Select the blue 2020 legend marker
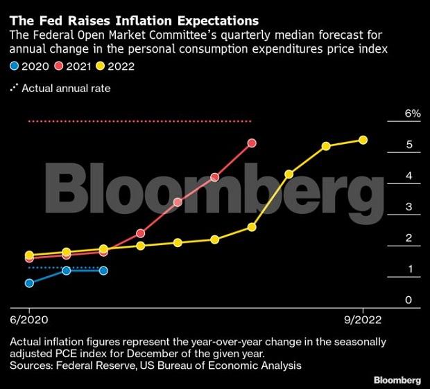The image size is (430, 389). (x=14, y=66)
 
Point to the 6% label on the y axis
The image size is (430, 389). (x=413, y=114)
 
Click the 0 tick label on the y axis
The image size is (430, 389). (x=409, y=300)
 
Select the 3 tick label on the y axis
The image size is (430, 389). (x=409, y=207)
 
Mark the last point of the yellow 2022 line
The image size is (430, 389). (x=363, y=140)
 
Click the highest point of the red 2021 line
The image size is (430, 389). (x=252, y=143)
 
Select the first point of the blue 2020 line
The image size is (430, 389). (x=29, y=283)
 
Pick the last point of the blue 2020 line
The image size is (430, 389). (x=103, y=271)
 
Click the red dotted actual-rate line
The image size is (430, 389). (x=139, y=121)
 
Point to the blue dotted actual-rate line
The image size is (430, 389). (x=66, y=267)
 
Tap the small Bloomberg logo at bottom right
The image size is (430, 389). (x=397, y=380)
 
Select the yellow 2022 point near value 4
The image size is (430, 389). (x=289, y=174)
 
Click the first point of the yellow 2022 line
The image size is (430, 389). (x=29, y=255)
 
